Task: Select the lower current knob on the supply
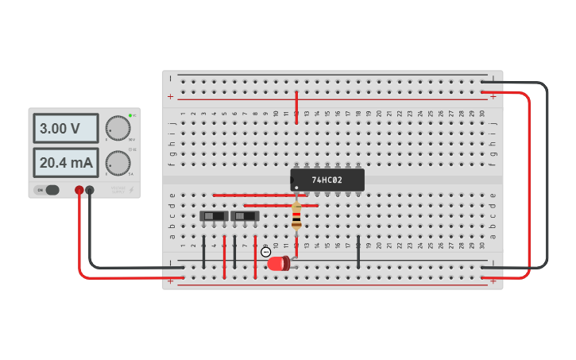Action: pos(118,163)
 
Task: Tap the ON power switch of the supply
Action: pos(48,190)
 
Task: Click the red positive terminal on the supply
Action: pos(79,190)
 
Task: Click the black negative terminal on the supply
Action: pos(90,190)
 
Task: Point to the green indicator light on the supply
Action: pos(130,115)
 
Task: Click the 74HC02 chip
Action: pos(327,180)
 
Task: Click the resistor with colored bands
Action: pos(296,215)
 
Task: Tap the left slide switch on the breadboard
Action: pos(214,215)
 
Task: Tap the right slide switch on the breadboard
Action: pos(245,215)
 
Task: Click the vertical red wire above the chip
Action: pos(296,106)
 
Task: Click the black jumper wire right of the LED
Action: pos(358,250)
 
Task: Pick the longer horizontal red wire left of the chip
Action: pos(259,195)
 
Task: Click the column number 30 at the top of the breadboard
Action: pos(481,114)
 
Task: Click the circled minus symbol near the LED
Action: pos(265,252)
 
